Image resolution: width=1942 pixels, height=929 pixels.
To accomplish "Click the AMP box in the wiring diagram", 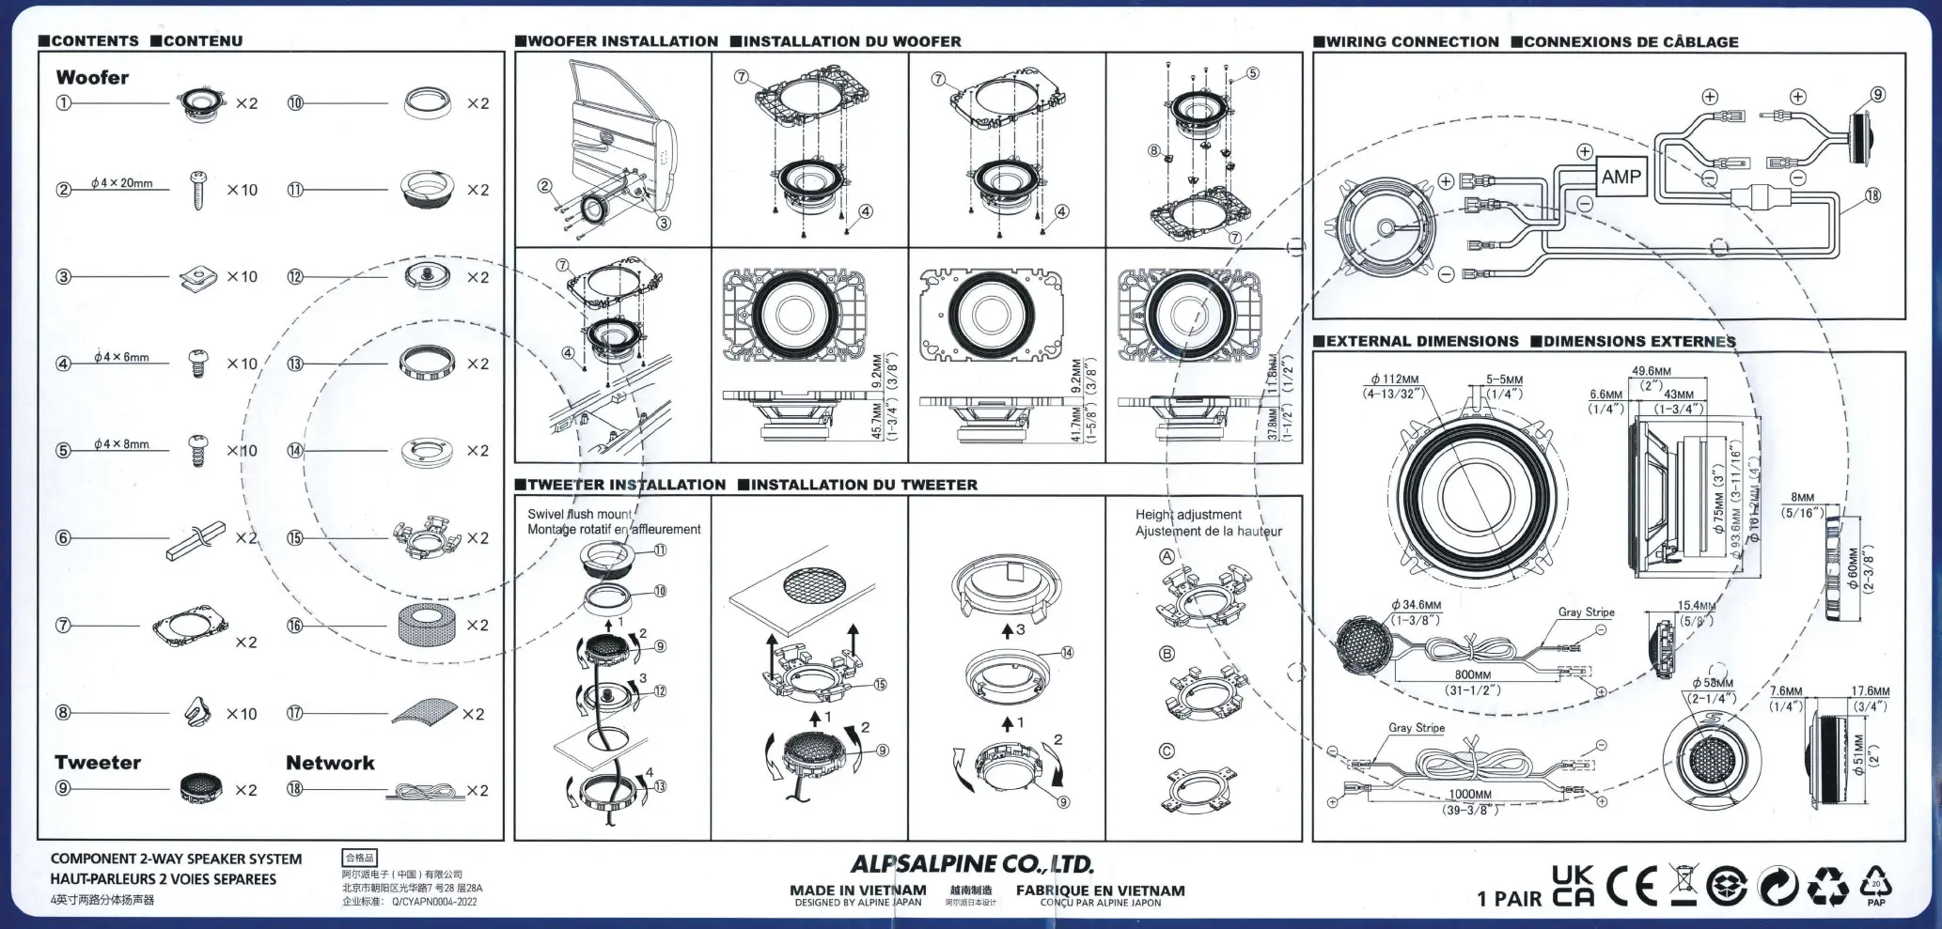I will [x=1621, y=177].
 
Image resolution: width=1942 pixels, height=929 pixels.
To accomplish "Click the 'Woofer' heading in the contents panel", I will [x=92, y=78].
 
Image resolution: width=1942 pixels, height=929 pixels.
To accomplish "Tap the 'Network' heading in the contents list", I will [x=330, y=763].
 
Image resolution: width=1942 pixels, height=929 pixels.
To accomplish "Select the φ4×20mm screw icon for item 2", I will [x=197, y=190].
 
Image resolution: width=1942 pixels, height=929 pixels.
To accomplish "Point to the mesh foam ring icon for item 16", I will [x=426, y=625].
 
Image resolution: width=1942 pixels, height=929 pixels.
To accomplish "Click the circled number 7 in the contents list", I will [x=63, y=625].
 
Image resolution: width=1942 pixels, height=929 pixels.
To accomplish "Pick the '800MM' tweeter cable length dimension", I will [x=1472, y=674].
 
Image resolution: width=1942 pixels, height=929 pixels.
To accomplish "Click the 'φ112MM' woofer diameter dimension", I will [x=1394, y=379].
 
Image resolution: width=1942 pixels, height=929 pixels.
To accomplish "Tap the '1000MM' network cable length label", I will [x=1469, y=794].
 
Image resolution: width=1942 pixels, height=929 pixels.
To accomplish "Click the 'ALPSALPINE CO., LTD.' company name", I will [x=972, y=863].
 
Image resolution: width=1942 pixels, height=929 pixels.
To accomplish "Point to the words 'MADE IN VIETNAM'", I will [x=857, y=890].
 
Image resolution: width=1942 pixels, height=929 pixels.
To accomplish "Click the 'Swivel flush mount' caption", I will [x=580, y=514].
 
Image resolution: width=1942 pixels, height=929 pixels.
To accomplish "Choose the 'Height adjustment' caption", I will [x=1188, y=515].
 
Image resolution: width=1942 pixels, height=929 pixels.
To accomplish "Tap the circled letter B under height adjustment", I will [x=1167, y=653].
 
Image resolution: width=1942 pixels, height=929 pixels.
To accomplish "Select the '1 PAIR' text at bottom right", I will [x=1509, y=898].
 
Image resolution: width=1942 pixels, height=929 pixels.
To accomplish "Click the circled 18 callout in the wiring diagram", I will [x=1872, y=195].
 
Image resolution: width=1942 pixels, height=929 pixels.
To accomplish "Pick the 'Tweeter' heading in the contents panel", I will [x=98, y=763].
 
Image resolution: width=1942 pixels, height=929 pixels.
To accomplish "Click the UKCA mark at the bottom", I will [x=1573, y=886].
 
